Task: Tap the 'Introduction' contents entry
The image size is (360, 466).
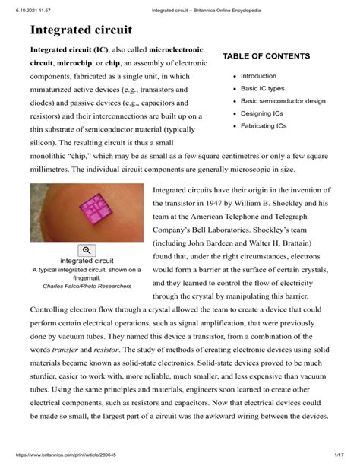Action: [259, 76]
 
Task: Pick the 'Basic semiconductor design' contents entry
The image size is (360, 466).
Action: [283, 101]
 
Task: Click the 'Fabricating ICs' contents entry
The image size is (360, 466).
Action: [264, 125]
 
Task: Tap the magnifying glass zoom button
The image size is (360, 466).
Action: [87, 250]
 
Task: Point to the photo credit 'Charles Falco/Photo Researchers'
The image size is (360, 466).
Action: [87, 286]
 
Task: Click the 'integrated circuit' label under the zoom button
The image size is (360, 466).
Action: [87, 261]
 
